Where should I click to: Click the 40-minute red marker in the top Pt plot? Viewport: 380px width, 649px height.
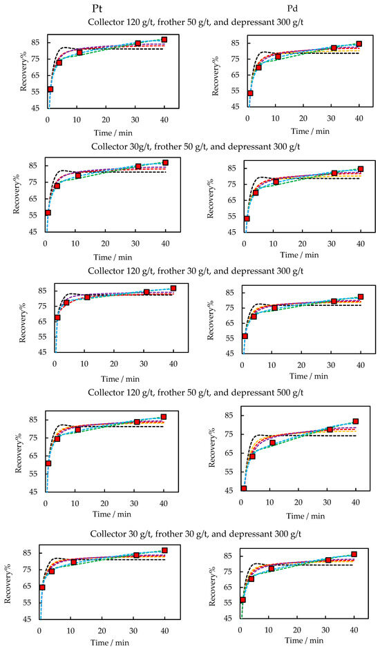click(164, 40)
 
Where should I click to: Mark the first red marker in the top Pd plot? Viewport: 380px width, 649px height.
click(250, 93)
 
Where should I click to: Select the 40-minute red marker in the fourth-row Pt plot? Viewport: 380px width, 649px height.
click(163, 417)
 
